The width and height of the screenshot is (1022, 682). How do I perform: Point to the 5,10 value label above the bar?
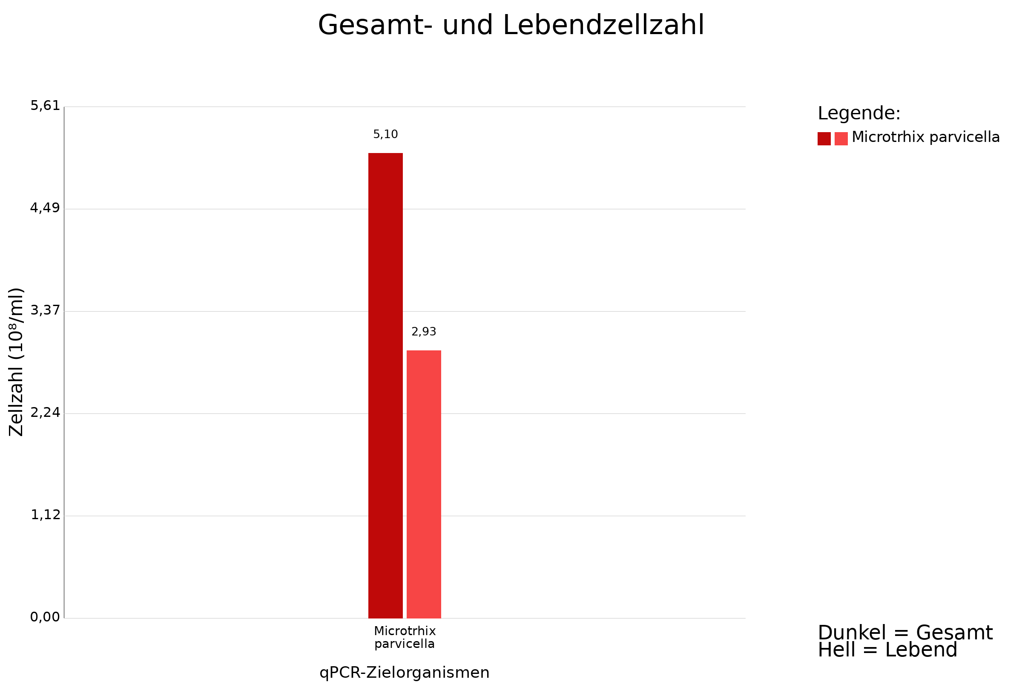click(x=385, y=134)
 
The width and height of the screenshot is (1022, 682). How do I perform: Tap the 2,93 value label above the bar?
click(x=424, y=332)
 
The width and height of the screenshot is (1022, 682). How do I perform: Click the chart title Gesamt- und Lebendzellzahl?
click(x=511, y=25)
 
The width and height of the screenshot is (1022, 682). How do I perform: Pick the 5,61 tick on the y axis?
click(x=45, y=106)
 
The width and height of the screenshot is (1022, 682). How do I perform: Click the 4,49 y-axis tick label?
click(x=45, y=208)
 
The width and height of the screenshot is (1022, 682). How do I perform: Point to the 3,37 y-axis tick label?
click(x=45, y=311)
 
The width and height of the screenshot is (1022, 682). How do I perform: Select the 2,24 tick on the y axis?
click(x=45, y=413)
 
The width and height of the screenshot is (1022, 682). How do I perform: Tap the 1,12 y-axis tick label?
click(x=45, y=515)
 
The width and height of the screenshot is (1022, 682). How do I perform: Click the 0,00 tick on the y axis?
click(x=45, y=617)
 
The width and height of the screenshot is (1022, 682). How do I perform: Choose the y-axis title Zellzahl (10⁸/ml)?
click(x=16, y=362)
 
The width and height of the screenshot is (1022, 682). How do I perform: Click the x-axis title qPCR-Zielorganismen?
click(x=404, y=673)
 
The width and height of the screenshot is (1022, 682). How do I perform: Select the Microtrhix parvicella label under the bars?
click(x=405, y=637)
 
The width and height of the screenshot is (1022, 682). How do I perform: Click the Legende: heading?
click(x=859, y=113)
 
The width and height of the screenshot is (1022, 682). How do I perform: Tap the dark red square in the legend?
click(x=824, y=139)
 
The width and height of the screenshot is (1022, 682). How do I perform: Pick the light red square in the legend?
click(x=841, y=139)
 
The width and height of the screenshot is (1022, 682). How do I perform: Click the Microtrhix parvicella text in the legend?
click(x=925, y=137)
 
